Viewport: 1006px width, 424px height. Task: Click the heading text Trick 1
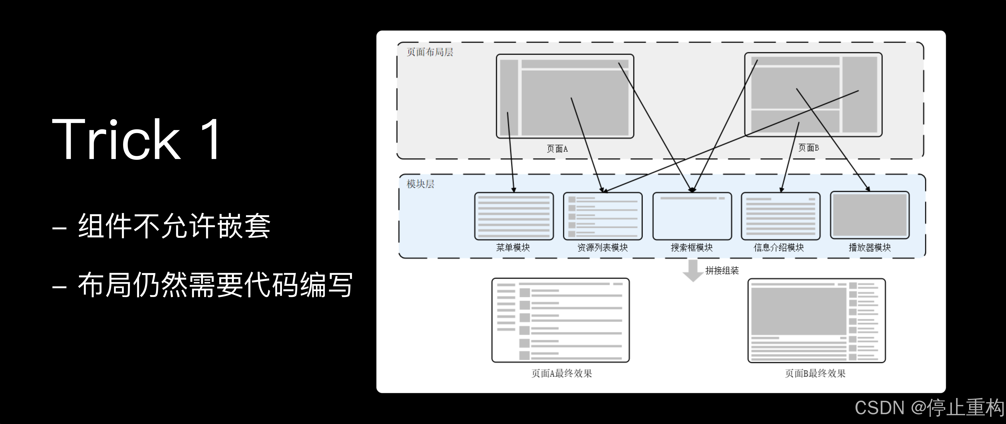137,139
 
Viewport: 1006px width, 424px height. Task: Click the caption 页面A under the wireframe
557,149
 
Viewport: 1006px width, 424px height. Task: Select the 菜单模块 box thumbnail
514,216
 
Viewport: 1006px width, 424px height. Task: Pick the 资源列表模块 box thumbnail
603,216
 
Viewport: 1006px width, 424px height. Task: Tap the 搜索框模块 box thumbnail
692,216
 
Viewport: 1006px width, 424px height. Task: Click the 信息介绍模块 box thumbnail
780,216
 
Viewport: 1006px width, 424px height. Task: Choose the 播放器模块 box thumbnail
870,215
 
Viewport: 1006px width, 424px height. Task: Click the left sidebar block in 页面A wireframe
509,98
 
